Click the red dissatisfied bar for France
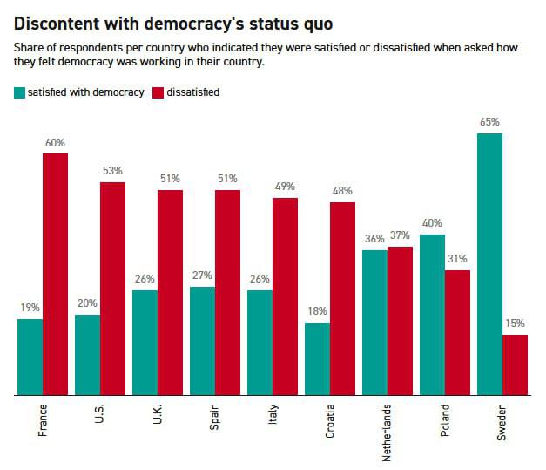pyautogui.click(x=56, y=275)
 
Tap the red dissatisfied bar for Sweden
pyautogui.click(x=516, y=365)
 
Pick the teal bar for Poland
pyautogui.click(x=432, y=315)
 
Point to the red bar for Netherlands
pyautogui.click(x=401, y=322)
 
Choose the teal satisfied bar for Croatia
pyautogui.click(x=317, y=359)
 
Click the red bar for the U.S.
pyautogui.click(x=113, y=289)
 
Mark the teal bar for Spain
pyautogui.click(x=202, y=341)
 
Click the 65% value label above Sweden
pyautogui.click(x=490, y=122)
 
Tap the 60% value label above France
pyautogui.click(x=56, y=142)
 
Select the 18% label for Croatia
pyautogui.click(x=317, y=311)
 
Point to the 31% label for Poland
pyautogui.click(x=458, y=259)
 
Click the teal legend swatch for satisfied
pyautogui.click(x=20, y=92)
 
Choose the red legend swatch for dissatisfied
pyautogui.click(x=159, y=92)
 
